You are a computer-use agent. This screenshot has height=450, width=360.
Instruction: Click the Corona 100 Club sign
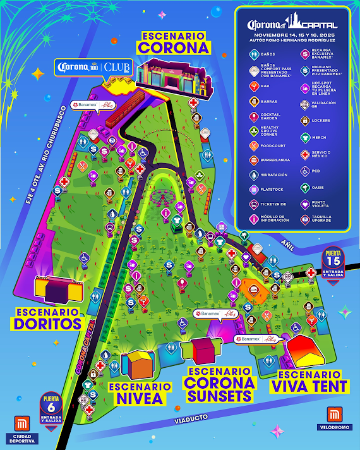click(x=93, y=67)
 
